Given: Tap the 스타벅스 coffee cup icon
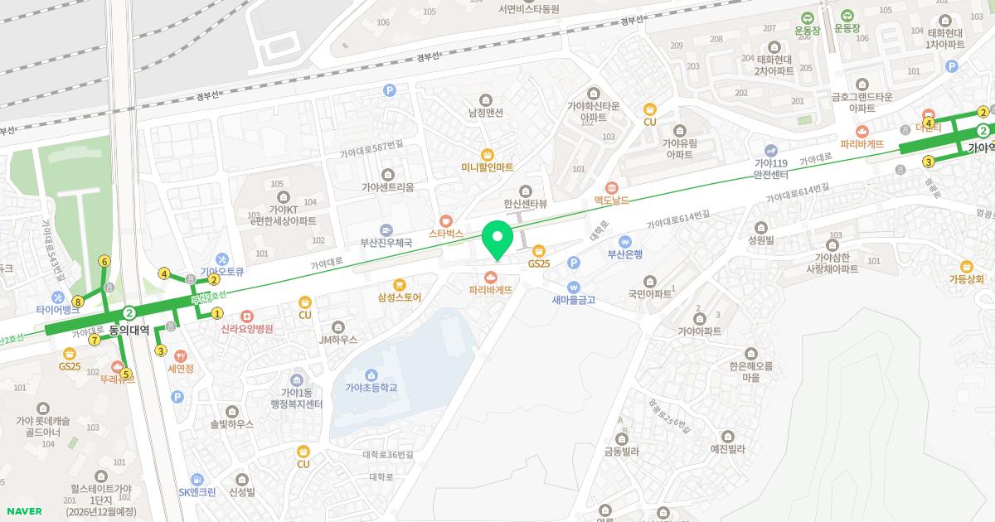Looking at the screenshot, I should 445,221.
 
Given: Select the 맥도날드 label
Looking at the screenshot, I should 612,200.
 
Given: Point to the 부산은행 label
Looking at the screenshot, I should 625,254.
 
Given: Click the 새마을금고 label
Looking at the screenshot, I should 574,299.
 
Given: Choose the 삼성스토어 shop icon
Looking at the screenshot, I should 400,284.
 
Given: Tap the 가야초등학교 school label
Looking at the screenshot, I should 371,388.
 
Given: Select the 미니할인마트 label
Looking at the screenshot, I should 488,167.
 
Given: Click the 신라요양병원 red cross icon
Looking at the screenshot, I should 246,316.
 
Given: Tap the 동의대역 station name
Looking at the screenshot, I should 129,330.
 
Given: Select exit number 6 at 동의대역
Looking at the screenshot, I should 104,261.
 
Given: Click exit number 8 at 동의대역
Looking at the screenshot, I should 78,301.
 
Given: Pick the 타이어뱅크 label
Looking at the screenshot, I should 58,309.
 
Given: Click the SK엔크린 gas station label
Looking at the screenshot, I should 197,492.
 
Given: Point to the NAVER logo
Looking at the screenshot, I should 23,511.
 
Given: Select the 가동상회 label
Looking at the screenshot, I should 966,279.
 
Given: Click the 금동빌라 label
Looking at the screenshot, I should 621,452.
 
